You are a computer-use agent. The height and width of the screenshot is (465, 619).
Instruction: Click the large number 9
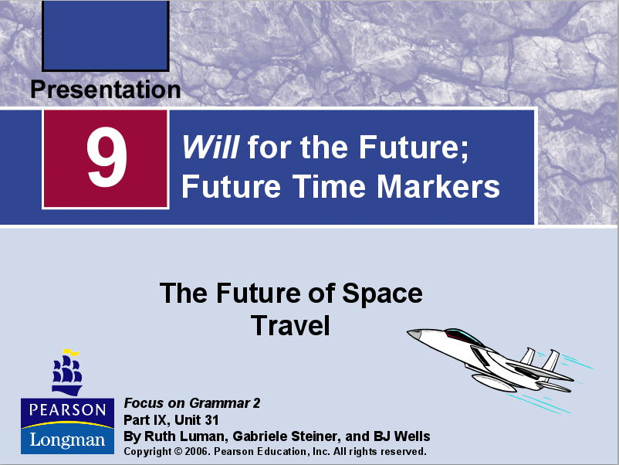click(x=107, y=158)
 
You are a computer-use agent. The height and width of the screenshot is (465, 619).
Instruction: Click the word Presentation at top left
click(x=105, y=90)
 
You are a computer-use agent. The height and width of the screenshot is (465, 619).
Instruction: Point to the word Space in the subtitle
click(x=381, y=294)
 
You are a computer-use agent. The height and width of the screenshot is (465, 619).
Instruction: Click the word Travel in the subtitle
click(x=290, y=325)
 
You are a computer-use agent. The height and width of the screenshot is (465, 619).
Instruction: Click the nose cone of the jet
click(x=414, y=334)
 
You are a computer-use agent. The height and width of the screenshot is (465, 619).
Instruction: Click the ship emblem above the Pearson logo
click(x=66, y=372)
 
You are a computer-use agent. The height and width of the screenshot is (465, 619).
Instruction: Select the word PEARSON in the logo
click(x=67, y=409)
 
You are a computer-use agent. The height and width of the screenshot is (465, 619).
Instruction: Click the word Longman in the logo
click(x=67, y=440)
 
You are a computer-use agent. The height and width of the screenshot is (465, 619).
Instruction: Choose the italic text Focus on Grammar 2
click(x=192, y=403)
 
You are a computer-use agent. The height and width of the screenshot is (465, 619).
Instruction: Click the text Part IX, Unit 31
click(x=171, y=420)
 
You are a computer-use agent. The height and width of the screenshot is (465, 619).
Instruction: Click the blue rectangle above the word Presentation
click(x=105, y=36)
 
